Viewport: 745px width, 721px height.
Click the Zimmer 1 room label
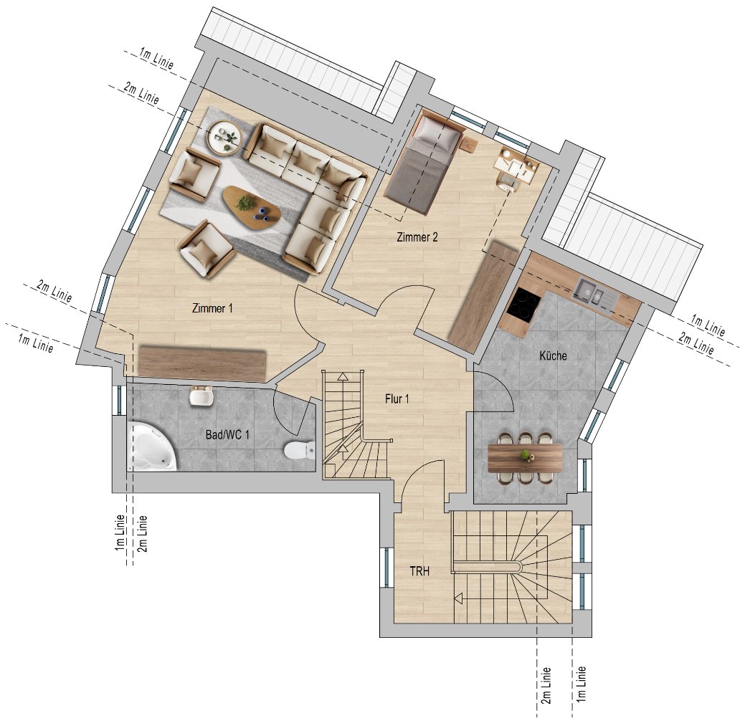pyautogui.click(x=212, y=308)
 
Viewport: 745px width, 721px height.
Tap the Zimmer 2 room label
pyautogui.click(x=417, y=237)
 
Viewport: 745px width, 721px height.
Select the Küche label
pyautogui.click(x=553, y=355)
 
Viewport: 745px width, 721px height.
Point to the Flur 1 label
pyautogui.click(x=397, y=399)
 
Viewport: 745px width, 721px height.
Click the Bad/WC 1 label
pyautogui.click(x=227, y=434)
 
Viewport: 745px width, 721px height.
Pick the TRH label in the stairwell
pyautogui.click(x=419, y=571)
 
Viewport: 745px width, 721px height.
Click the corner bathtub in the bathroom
pyautogui.click(x=151, y=447)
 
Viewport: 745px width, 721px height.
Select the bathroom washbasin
pyautogui.click(x=201, y=396)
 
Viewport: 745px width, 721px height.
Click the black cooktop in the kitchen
pyautogui.click(x=523, y=305)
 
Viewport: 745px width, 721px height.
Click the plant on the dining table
pyautogui.click(x=525, y=455)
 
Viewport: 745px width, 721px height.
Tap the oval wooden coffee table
pyautogui.click(x=252, y=208)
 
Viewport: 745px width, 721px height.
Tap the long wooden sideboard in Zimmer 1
pyautogui.click(x=202, y=363)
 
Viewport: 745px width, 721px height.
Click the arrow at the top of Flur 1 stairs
pyautogui.click(x=343, y=377)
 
